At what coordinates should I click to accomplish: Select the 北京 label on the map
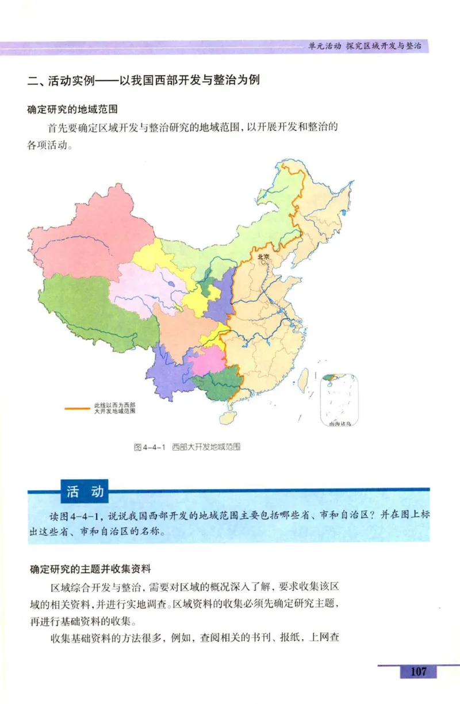263,257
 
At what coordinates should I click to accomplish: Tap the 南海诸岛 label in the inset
339,424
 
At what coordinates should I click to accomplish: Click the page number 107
418,671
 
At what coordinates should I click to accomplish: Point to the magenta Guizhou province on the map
205,360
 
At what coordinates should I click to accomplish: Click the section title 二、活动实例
144,80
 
